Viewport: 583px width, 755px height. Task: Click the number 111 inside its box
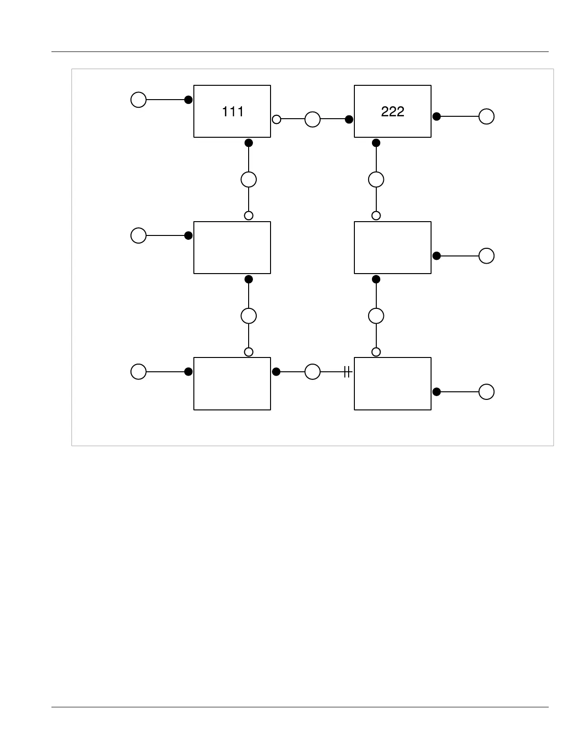pyautogui.click(x=233, y=112)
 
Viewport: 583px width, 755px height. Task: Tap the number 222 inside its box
pyautogui.click(x=392, y=112)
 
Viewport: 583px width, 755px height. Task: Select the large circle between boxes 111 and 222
pyautogui.click(x=312, y=119)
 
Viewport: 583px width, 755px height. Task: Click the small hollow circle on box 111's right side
pyautogui.click(x=276, y=119)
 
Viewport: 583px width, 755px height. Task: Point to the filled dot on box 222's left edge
pyautogui.click(x=349, y=119)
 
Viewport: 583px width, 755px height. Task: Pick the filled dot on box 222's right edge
pyautogui.click(x=436, y=116)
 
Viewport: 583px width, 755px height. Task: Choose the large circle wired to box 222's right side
pyautogui.click(x=486, y=116)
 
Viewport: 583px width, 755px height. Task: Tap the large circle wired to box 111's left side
pyautogui.click(x=139, y=100)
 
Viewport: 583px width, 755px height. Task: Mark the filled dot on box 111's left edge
pyautogui.click(x=189, y=100)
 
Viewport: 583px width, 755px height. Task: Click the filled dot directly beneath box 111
pyautogui.click(x=249, y=143)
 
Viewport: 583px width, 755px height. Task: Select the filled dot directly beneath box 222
pyautogui.click(x=376, y=143)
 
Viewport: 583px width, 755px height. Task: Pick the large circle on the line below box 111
pyautogui.click(x=249, y=180)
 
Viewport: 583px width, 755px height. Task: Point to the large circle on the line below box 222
pyautogui.click(x=376, y=180)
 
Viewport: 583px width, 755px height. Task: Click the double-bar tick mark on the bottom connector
pyautogui.click(x=347, y=372)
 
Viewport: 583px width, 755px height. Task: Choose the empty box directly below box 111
pyautogui.click(x=232, y=247)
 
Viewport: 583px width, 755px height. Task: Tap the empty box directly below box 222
pyautogui.click(x=392, y=247)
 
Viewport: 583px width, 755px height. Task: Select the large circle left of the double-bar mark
pyautogui.click(x=312, y=372)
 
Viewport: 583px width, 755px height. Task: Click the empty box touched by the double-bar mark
pyautogui.click(x=392, y=384)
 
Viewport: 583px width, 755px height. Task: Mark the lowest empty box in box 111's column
pyautogui.click(x=232, y=384)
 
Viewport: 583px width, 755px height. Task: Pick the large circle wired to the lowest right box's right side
pyautogui.click(x=486, y=392)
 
